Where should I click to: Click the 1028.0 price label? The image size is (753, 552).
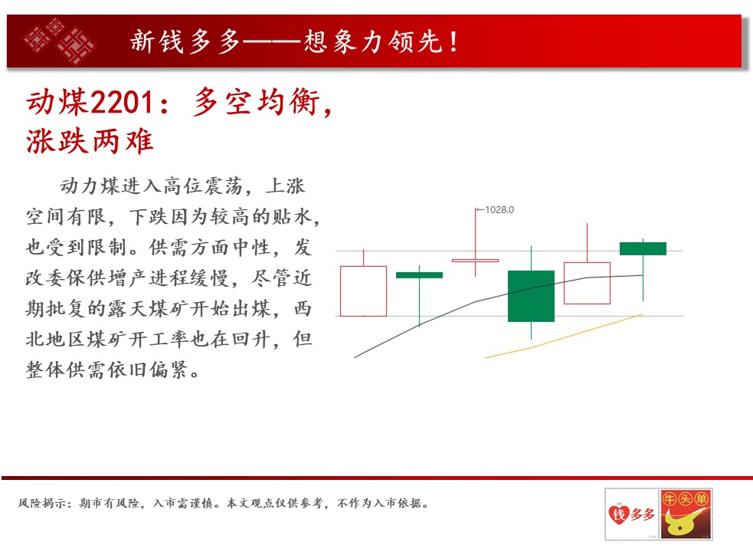(x=499, y=209)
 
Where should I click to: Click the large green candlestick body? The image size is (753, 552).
(x=531, y=296)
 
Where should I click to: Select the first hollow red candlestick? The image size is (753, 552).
(x=364, y=291)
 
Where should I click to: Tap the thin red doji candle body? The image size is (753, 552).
(x=476, y=261)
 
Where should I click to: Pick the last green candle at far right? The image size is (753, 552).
(x=643, y=248)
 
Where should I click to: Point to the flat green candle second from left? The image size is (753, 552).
(x=419, y=275)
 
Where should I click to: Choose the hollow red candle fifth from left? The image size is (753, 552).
(x=587, y=283)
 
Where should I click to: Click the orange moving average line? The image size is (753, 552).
(x=563, y=336)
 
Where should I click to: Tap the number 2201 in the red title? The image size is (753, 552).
(x=122, y=103)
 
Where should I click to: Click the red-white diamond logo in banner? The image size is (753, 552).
(x=60, y=41)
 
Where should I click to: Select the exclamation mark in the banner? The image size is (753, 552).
(x=453, y=41)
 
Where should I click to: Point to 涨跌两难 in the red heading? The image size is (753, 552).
(x=90, y=141)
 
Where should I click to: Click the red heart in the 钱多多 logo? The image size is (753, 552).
(x=618, y=514)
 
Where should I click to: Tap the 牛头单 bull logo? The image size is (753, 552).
(x=686, y=514)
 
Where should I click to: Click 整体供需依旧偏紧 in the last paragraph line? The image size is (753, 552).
(x=106, y=370)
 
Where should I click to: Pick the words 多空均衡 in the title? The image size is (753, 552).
(x=257, y=103)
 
